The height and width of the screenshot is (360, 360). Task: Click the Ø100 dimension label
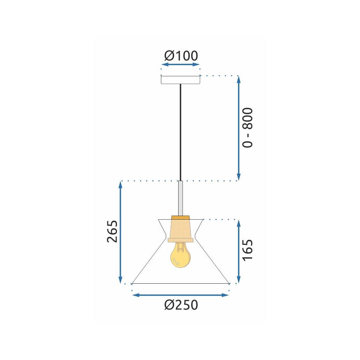tap(181, 56)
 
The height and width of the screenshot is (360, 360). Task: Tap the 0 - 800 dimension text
tap(248, 127)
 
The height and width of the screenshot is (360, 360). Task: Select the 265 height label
tap(112, 231)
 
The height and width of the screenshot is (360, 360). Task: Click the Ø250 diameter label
tap(181, 305)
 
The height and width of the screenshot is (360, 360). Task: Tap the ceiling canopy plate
tap(180, 80)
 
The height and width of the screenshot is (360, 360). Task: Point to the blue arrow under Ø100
tap(180, 65)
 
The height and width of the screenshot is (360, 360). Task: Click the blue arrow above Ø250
tap(181, 295)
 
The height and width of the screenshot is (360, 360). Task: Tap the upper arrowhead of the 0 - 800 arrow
tap(238, 79)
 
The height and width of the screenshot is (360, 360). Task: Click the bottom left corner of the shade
tap(132, 283)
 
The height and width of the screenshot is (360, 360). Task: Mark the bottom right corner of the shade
tap(229, 283)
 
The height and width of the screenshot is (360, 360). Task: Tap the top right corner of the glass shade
tap(203, 219)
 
